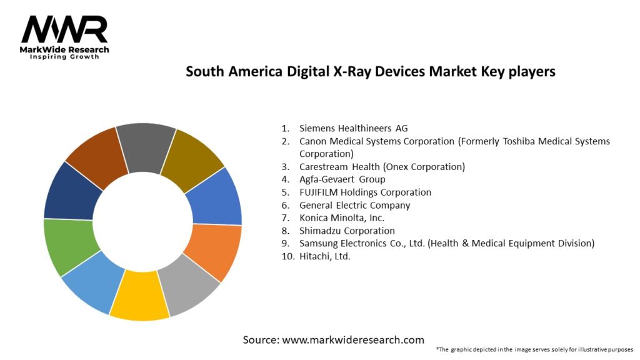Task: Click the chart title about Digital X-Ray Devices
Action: coord(370,71)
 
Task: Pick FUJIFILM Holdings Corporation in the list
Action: coord(365,192)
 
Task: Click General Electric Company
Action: coord(354,205)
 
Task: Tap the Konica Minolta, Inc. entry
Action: coord(341,217)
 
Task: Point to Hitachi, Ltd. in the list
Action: coord(325,256)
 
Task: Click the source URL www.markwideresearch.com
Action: coord(353,340)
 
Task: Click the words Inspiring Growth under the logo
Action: coord(64,57)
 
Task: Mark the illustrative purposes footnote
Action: coord(534,349)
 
